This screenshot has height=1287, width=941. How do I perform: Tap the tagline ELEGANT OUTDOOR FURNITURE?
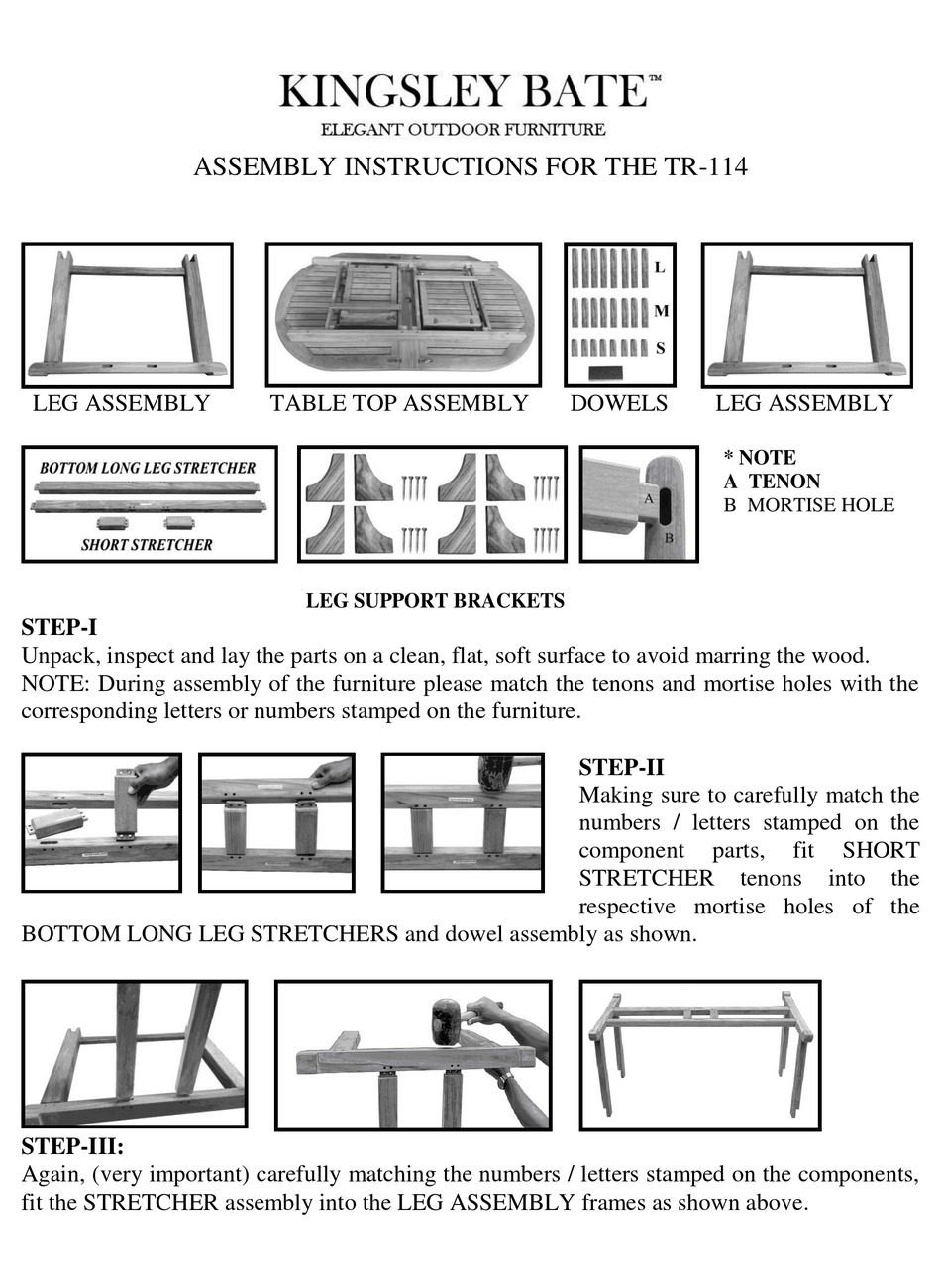tap(463, 129)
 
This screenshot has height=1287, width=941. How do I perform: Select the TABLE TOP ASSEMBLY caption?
tap(399, 403)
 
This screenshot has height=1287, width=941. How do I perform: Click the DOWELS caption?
tap(618, 403)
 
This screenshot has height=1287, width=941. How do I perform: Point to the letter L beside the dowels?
tap(660, 268)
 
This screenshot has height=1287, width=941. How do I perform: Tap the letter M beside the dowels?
tap(661, 311)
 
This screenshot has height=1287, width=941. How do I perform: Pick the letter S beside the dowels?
tap(660, 348)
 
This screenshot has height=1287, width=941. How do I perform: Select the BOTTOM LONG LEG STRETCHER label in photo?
tap(148, 468)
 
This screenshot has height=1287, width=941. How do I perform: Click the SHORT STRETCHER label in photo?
tap(147, 544)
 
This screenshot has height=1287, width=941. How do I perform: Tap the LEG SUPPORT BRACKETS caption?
tap(435, 600)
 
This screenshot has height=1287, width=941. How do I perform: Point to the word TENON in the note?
tap(784, 482)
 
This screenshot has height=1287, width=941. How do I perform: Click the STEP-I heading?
tap(59, 627)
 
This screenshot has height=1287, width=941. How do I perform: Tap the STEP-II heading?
tap(621, 767)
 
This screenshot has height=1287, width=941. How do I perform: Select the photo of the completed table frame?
tap(699, 1055)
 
